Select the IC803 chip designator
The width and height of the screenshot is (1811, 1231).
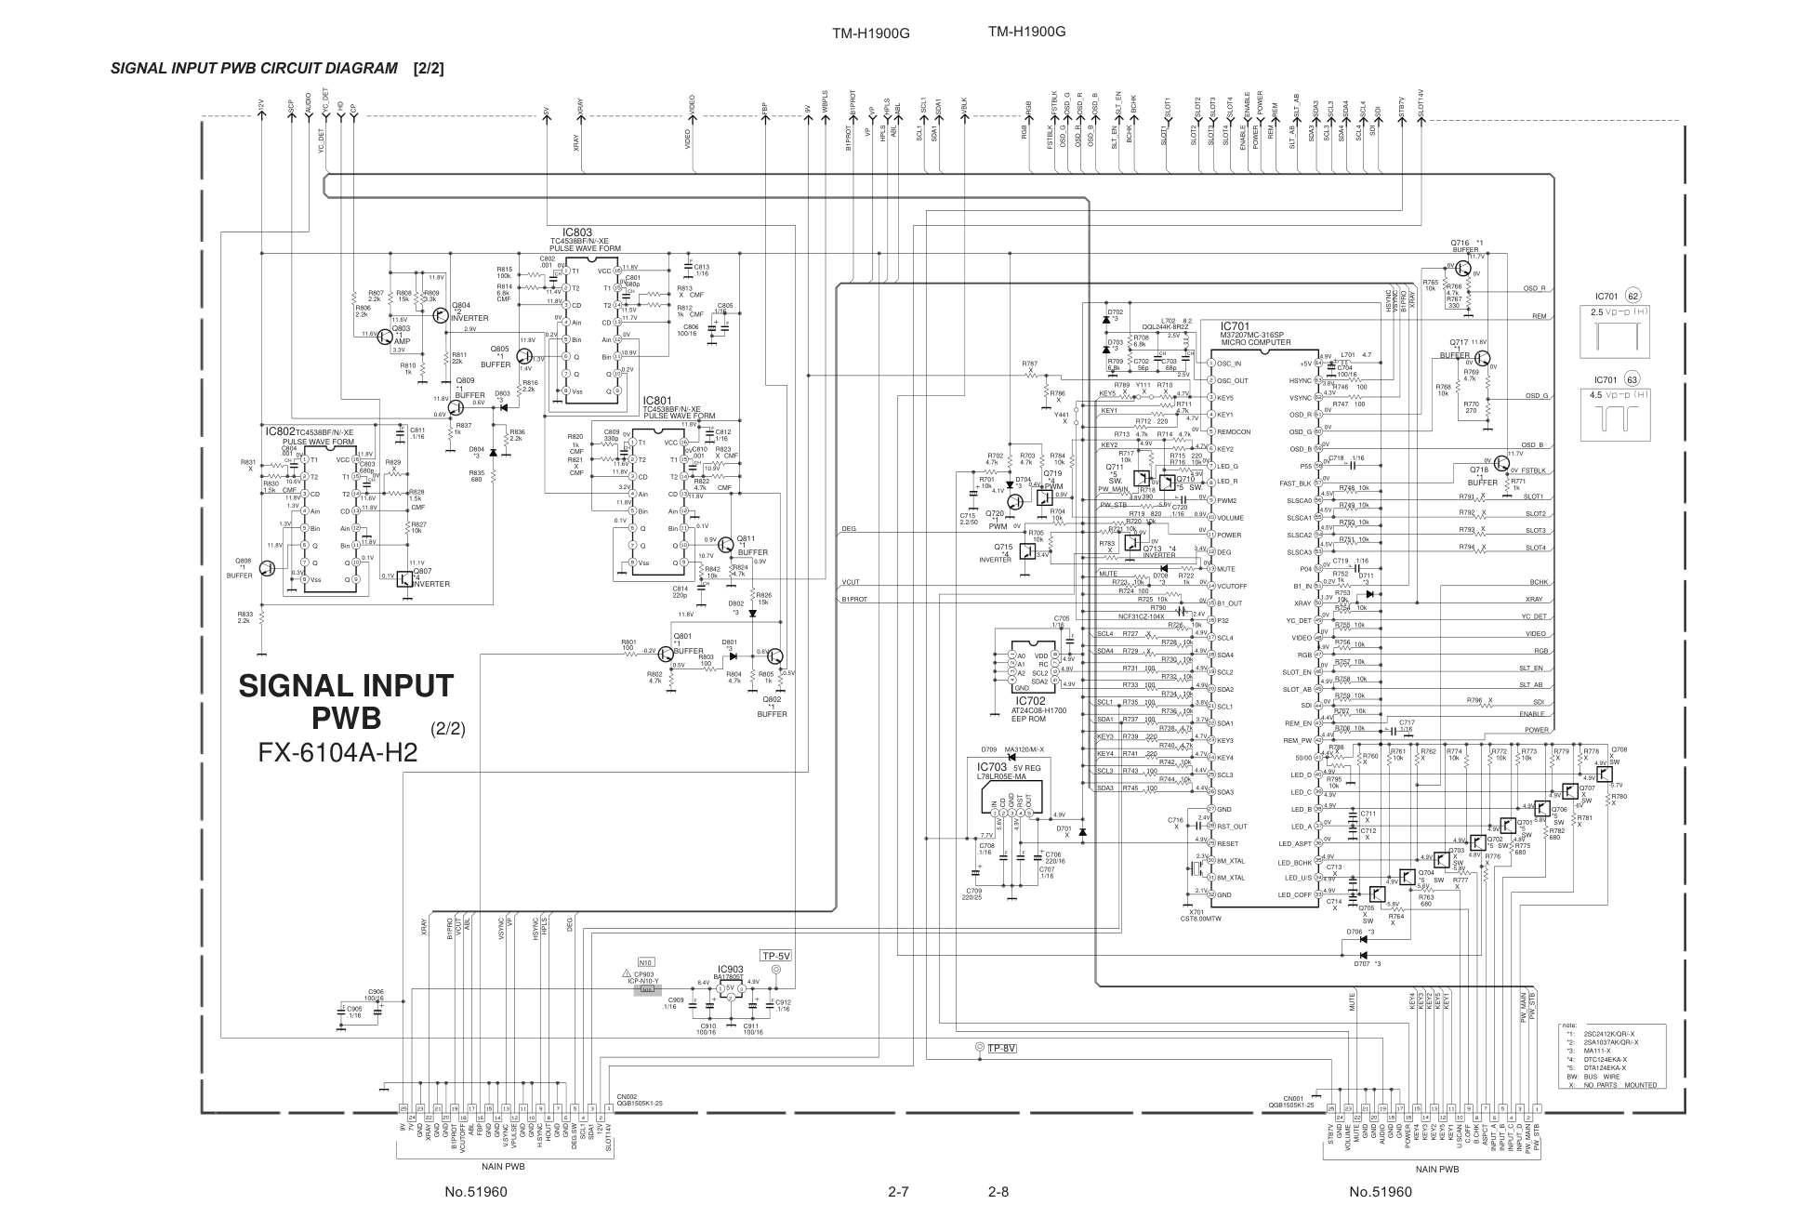coord(576,232)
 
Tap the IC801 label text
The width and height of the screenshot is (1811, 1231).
coord(657,401)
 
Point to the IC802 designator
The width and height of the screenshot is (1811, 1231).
coord(280,431)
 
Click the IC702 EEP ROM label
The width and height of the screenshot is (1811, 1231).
coord(1030,701)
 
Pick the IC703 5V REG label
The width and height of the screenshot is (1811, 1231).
coord(993,767)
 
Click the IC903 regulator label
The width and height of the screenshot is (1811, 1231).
coord(730,969)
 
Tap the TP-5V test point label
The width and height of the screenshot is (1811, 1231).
coord(775,956)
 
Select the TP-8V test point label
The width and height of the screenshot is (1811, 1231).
coord(1002,1048)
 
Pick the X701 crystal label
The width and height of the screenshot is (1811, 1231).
coord(1196,912)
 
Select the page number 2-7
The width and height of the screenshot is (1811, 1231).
coord(897,1191)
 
